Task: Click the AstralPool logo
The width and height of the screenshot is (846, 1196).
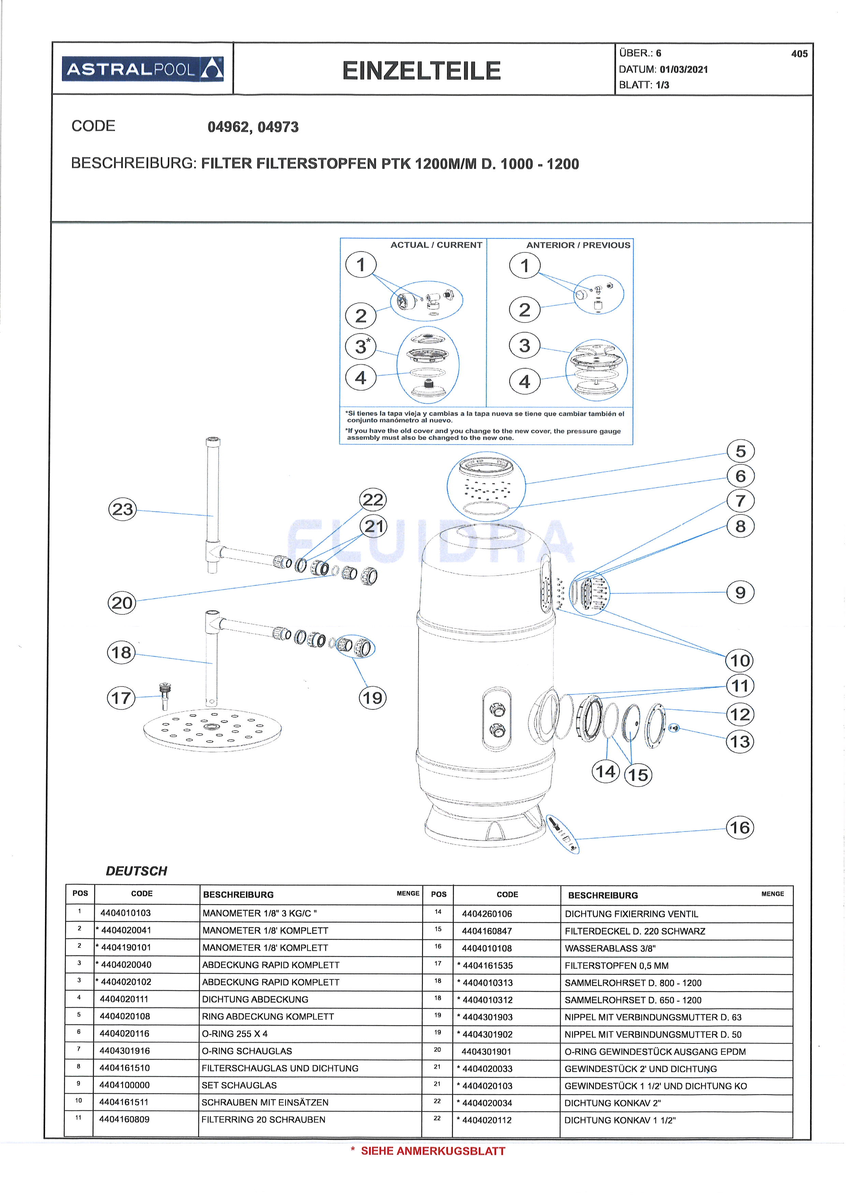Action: pos(143,69)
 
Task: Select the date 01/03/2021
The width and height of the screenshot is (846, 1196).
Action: pos(684,69)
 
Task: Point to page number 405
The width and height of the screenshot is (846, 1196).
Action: pos(799,54)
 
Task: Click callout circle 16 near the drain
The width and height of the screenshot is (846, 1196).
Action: pos(740,828)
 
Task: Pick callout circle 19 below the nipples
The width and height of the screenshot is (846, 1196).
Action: pos(373,697)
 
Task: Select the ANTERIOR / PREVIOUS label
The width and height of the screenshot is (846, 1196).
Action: pos(578,245)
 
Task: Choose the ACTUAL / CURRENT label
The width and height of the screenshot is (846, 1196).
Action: pos(436,245)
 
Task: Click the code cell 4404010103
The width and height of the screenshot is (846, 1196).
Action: pos(126,913)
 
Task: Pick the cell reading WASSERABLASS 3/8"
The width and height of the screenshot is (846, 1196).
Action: pos(610,948)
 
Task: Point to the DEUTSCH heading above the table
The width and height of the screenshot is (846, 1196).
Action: pos(136,871)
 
